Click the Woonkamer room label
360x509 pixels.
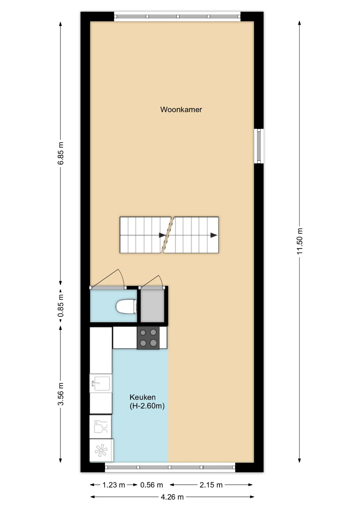point(181,109)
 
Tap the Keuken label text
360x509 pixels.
point(142,397)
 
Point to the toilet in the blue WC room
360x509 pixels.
point(126,306)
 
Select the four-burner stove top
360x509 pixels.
point(148,338)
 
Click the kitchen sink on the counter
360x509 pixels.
point(100,383)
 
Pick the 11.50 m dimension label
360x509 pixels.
point(300,241)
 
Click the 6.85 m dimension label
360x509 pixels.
point(61,153)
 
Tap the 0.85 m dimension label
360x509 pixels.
point(61,306)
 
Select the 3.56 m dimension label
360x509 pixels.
point(61,394)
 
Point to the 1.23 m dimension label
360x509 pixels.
point(113,485)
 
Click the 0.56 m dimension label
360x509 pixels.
point(151,485)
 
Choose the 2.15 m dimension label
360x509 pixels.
point(211,485)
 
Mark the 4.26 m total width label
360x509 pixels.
point(172,497)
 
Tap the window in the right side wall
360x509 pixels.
point(259,146)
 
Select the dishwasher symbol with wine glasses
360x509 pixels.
point(100,427)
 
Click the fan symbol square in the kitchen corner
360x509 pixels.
point(101,450)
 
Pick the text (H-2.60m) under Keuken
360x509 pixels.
point(147,406)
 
